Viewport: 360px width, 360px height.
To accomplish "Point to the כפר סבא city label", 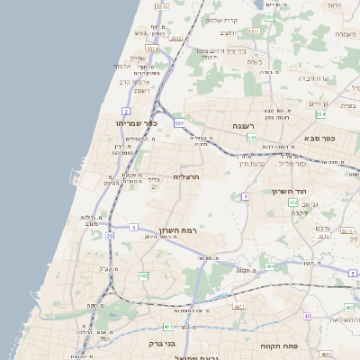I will click(319, 139).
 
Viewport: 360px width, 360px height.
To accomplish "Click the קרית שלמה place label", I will click(221, 20).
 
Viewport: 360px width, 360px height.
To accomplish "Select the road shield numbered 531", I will click(179, 121).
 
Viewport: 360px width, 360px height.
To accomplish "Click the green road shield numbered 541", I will click(253, 138).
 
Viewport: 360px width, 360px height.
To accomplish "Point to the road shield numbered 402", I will click(293, 203).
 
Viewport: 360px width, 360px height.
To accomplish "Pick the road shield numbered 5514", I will click(152, 48).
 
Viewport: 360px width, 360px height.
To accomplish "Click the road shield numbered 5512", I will click(176, 39).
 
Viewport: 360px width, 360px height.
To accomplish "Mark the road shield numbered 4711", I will click(239, 307).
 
